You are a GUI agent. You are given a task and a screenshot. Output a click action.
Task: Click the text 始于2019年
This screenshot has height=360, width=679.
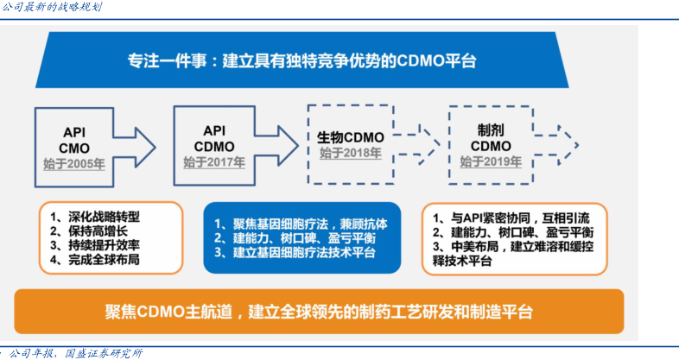(x=490, y=161)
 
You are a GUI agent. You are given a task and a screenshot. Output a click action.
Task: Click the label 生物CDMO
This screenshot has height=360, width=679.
(x=350, y=137)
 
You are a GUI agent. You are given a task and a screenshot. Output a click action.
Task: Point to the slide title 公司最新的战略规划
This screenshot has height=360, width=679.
(x=53, y=8)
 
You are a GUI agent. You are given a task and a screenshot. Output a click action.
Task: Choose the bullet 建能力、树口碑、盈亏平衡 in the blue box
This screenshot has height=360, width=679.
(x=294, y=238)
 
